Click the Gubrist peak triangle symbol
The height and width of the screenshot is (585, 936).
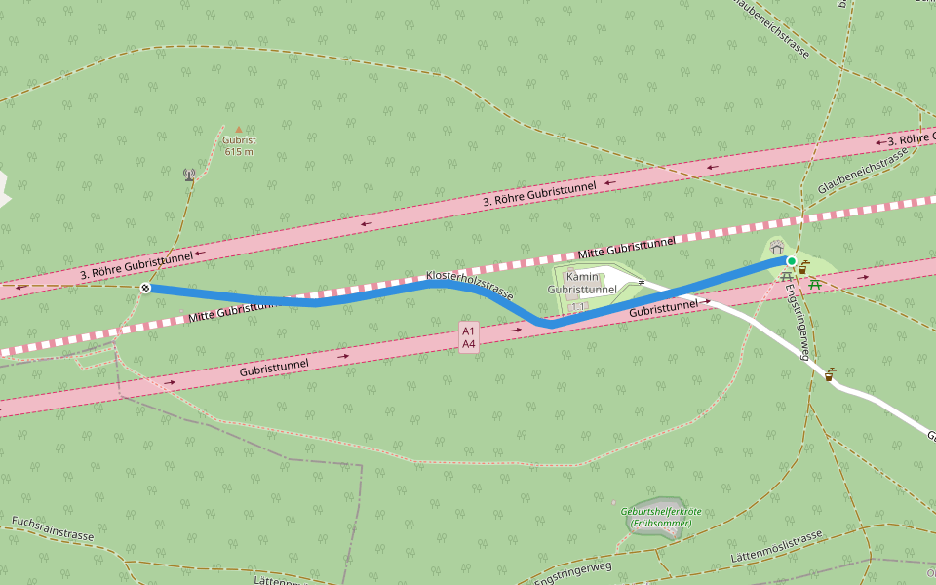tap(239, 129)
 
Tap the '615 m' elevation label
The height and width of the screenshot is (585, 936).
tap(239, 151)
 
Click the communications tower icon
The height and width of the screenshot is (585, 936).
tap(189, 175)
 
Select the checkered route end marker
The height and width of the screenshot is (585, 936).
tap(144, 288)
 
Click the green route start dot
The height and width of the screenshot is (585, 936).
tap(792, 261)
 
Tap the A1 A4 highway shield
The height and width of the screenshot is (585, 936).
tap(469, 337)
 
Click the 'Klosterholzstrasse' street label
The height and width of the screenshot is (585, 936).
tap(470, 285)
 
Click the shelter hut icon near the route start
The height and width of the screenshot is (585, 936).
tap(777, 249)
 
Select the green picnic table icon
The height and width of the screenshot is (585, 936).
tap(815, 284)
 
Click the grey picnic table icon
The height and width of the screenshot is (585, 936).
tap(787, 277)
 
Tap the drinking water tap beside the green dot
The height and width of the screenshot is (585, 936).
tap(803, 267)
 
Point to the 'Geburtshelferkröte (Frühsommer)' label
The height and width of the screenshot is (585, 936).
tap(661, 517)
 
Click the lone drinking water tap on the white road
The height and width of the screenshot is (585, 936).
tap(831, 374)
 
